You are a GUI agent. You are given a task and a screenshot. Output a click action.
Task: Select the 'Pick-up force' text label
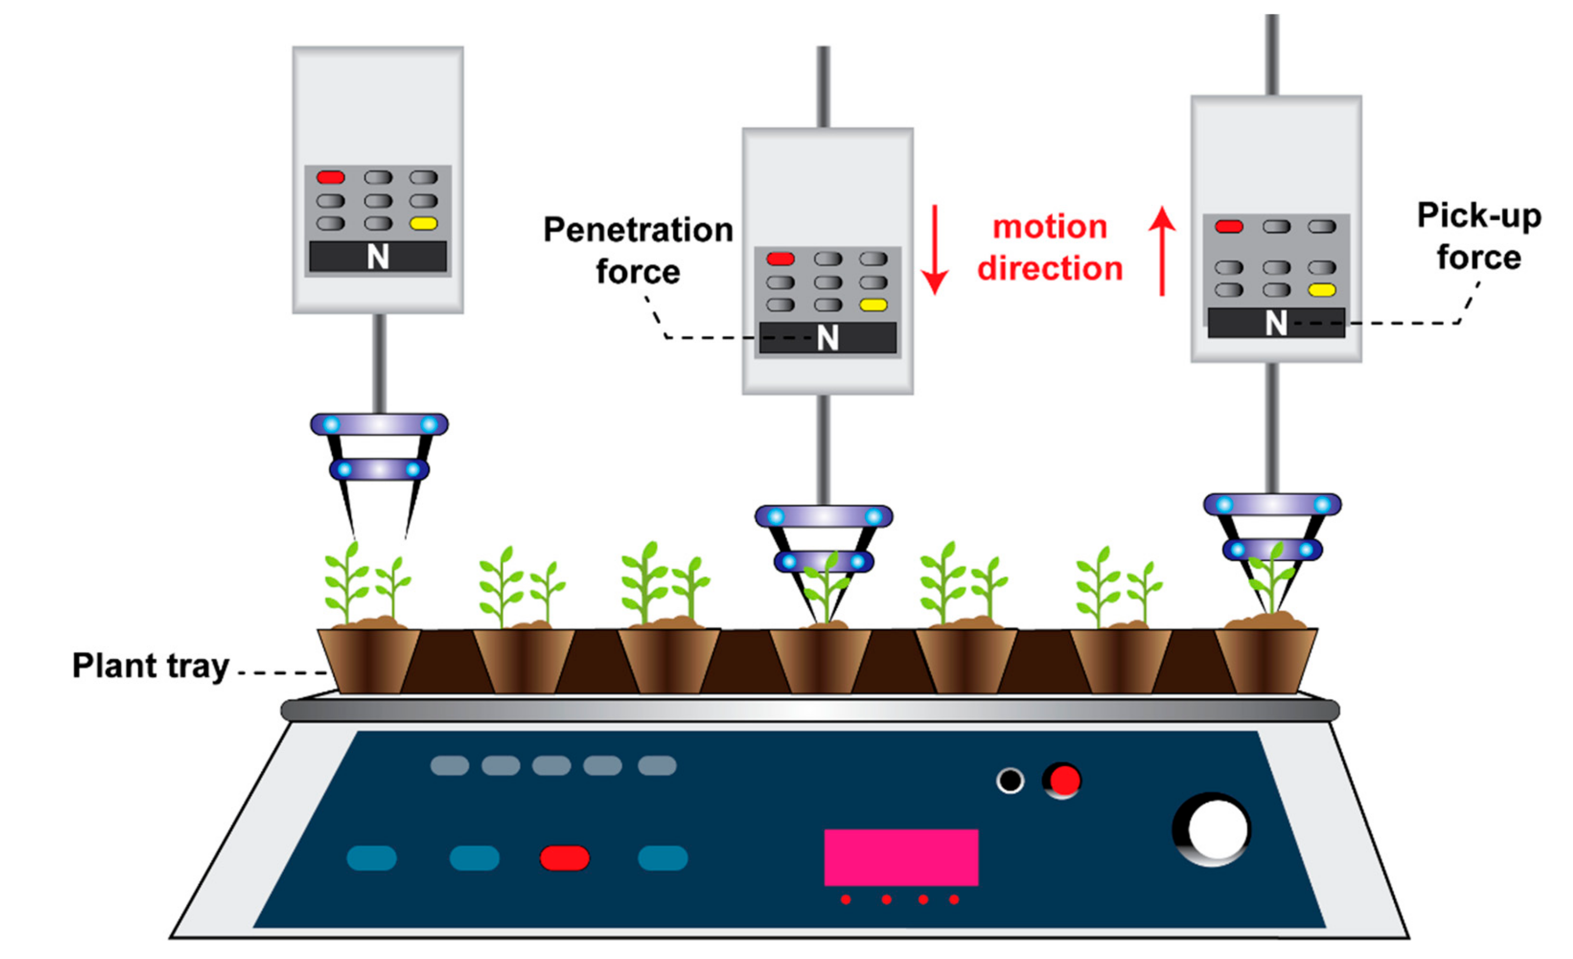click(1479, 236)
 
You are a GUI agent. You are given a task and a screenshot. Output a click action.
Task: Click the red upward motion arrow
click(1162, 251)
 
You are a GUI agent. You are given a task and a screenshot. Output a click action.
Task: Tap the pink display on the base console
click(901, 857)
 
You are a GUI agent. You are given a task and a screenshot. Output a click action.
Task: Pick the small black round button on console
click(1010, 780)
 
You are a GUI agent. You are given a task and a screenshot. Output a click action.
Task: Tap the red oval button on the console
click(564, 858)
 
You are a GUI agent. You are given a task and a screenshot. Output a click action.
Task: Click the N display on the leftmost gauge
click(378, 257)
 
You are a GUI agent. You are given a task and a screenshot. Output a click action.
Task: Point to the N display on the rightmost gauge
click(1276, 323)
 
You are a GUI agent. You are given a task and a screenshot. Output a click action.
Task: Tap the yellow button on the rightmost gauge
click(1321, 290)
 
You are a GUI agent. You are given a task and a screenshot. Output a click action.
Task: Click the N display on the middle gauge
click(827, 337)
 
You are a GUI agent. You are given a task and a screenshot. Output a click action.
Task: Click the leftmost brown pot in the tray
click(369, 660)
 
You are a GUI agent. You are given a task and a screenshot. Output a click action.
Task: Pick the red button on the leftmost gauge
click(331, 177)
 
